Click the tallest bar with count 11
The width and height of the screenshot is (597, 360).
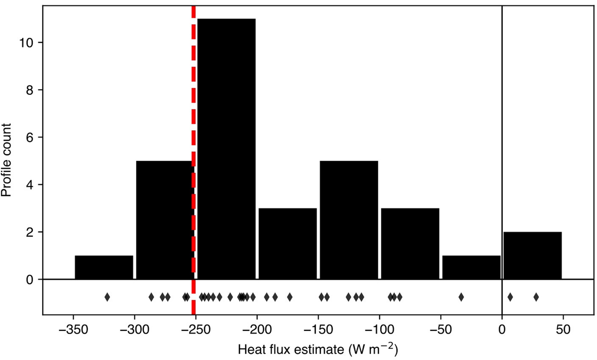click(226, 148)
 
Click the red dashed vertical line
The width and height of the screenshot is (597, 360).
click(194, 127)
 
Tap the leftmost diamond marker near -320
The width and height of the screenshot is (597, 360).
click(107, 297)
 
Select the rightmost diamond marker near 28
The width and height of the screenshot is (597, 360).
click(536, 297)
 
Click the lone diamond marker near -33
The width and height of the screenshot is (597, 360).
click(461, 297)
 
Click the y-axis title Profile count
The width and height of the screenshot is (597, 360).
click(7, 160)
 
